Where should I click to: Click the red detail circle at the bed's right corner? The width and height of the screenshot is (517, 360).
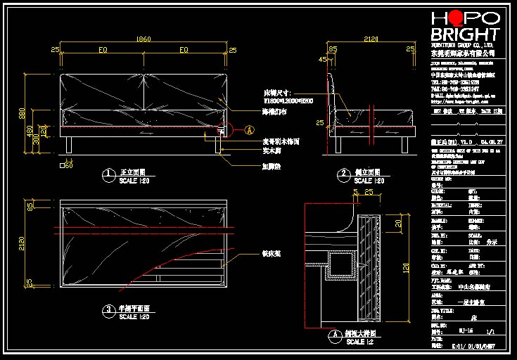224,129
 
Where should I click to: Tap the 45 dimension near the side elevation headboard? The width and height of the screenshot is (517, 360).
322,60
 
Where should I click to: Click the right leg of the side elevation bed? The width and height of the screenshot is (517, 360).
403,146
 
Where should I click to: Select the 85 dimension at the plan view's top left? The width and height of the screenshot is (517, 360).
30,206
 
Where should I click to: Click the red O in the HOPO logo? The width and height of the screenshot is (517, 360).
457,19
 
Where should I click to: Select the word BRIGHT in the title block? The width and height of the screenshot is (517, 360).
465,34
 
